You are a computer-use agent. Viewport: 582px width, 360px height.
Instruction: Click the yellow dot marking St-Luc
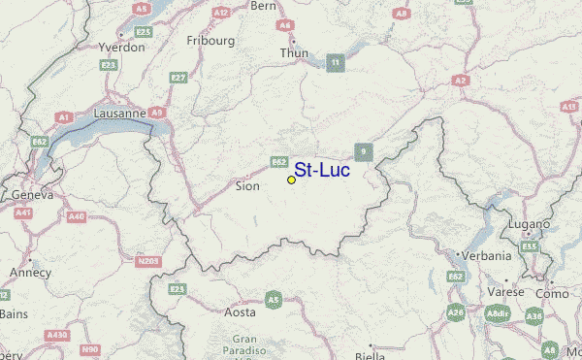(291, 180)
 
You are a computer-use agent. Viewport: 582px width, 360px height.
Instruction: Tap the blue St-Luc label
(321, 170)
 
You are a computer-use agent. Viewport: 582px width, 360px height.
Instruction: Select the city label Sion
(247, 184)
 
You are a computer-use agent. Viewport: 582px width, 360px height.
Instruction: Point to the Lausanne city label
(119, 113)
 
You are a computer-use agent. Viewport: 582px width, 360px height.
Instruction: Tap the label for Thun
(294, 52)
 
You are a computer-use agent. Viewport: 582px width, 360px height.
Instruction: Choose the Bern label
(264, 6)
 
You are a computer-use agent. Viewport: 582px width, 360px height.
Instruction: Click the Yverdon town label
(121, 46)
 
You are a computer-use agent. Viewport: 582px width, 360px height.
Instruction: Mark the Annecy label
(29, 273)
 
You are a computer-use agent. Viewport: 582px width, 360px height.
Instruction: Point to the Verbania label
(486, 256)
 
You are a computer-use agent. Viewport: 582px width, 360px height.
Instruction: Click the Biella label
(369, 355)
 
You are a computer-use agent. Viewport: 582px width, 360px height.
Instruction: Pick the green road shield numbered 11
(336, 64)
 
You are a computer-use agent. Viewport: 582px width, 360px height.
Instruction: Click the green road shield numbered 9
(363, 151)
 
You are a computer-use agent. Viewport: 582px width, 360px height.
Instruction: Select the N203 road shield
(148, 260)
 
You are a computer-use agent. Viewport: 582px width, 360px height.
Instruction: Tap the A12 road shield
(221, 13)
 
